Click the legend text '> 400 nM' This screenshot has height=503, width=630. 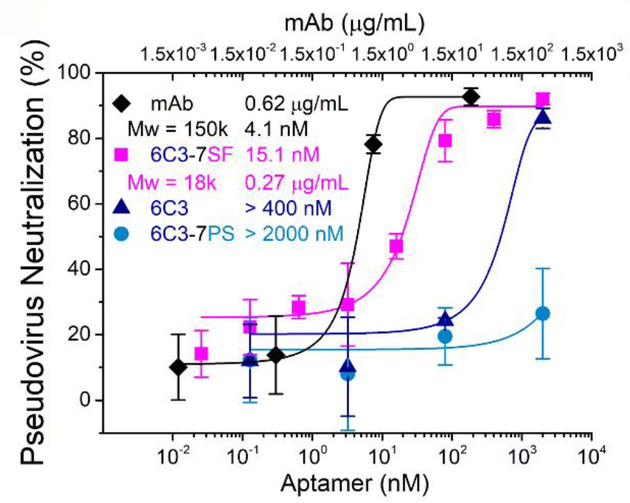click(x=281, y=207)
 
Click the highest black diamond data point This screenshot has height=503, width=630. click(x=470, y=96)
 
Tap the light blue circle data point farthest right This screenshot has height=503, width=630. click(x=543, y=313)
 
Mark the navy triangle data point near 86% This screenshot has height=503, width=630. click(x=543, y=117)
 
